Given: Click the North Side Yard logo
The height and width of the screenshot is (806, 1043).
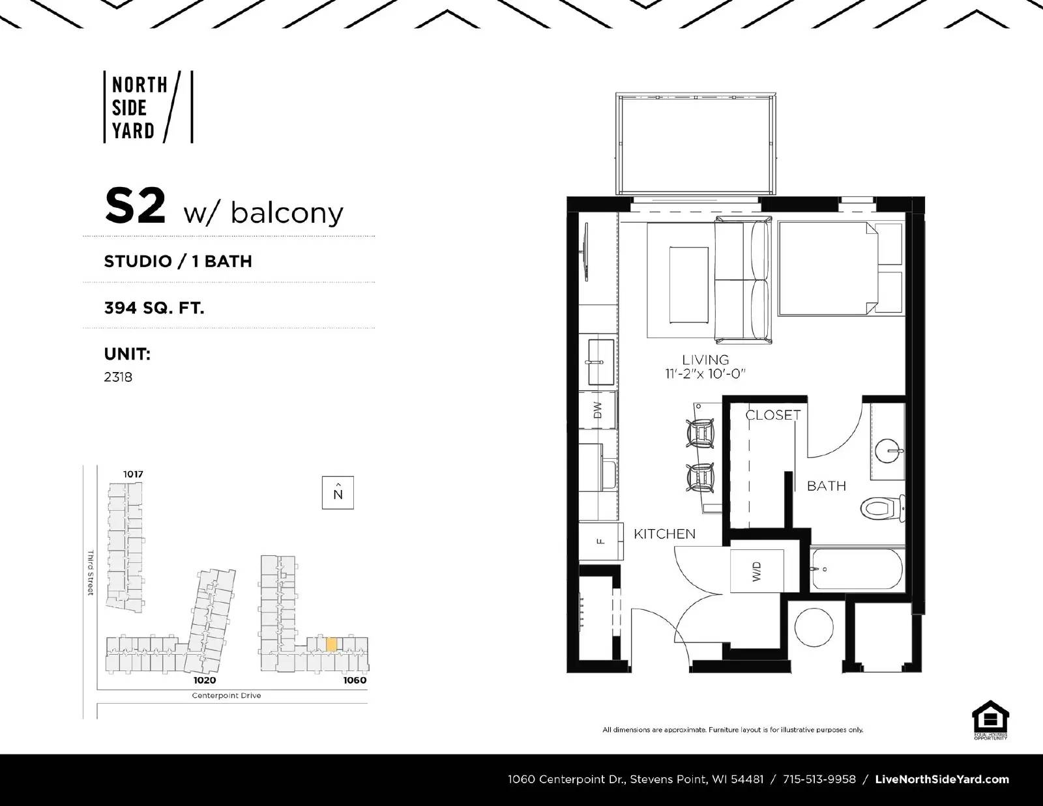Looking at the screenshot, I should coord(149,108).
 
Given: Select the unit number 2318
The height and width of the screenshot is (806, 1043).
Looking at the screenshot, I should coord(118,377).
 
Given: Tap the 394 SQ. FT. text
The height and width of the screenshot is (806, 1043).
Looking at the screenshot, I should coord(154,308).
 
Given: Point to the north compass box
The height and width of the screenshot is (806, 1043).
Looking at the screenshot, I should coord(338,493).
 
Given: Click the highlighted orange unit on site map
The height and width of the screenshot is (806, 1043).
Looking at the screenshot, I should coord(331,644).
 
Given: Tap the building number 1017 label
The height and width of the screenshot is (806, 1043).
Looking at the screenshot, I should coord(133,474).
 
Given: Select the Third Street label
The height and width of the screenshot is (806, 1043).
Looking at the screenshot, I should coord(91,573).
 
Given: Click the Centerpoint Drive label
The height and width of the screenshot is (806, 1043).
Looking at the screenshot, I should coord(226,695).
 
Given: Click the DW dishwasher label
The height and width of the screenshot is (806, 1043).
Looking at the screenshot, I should coord(598,410).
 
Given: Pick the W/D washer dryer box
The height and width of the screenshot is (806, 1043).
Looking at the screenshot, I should coord(756,571).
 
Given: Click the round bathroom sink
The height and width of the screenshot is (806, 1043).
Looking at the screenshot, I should coord(888,450).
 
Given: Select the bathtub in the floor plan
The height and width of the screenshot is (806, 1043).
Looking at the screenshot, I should coord(857,569).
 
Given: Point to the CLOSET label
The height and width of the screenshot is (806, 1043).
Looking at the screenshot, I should coord(772,414).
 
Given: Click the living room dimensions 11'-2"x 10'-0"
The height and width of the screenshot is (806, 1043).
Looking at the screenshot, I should coord(705,373).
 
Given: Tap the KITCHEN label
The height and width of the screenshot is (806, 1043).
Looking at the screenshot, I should coord(664,534).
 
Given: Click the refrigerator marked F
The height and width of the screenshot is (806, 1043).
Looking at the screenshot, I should coord(599,540).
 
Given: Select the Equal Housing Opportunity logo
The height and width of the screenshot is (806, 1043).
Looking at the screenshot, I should coord(990,720).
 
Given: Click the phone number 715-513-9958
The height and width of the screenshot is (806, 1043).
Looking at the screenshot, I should coord(819,779).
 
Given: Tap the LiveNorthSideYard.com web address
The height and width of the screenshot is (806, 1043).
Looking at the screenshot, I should coord(942,779).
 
